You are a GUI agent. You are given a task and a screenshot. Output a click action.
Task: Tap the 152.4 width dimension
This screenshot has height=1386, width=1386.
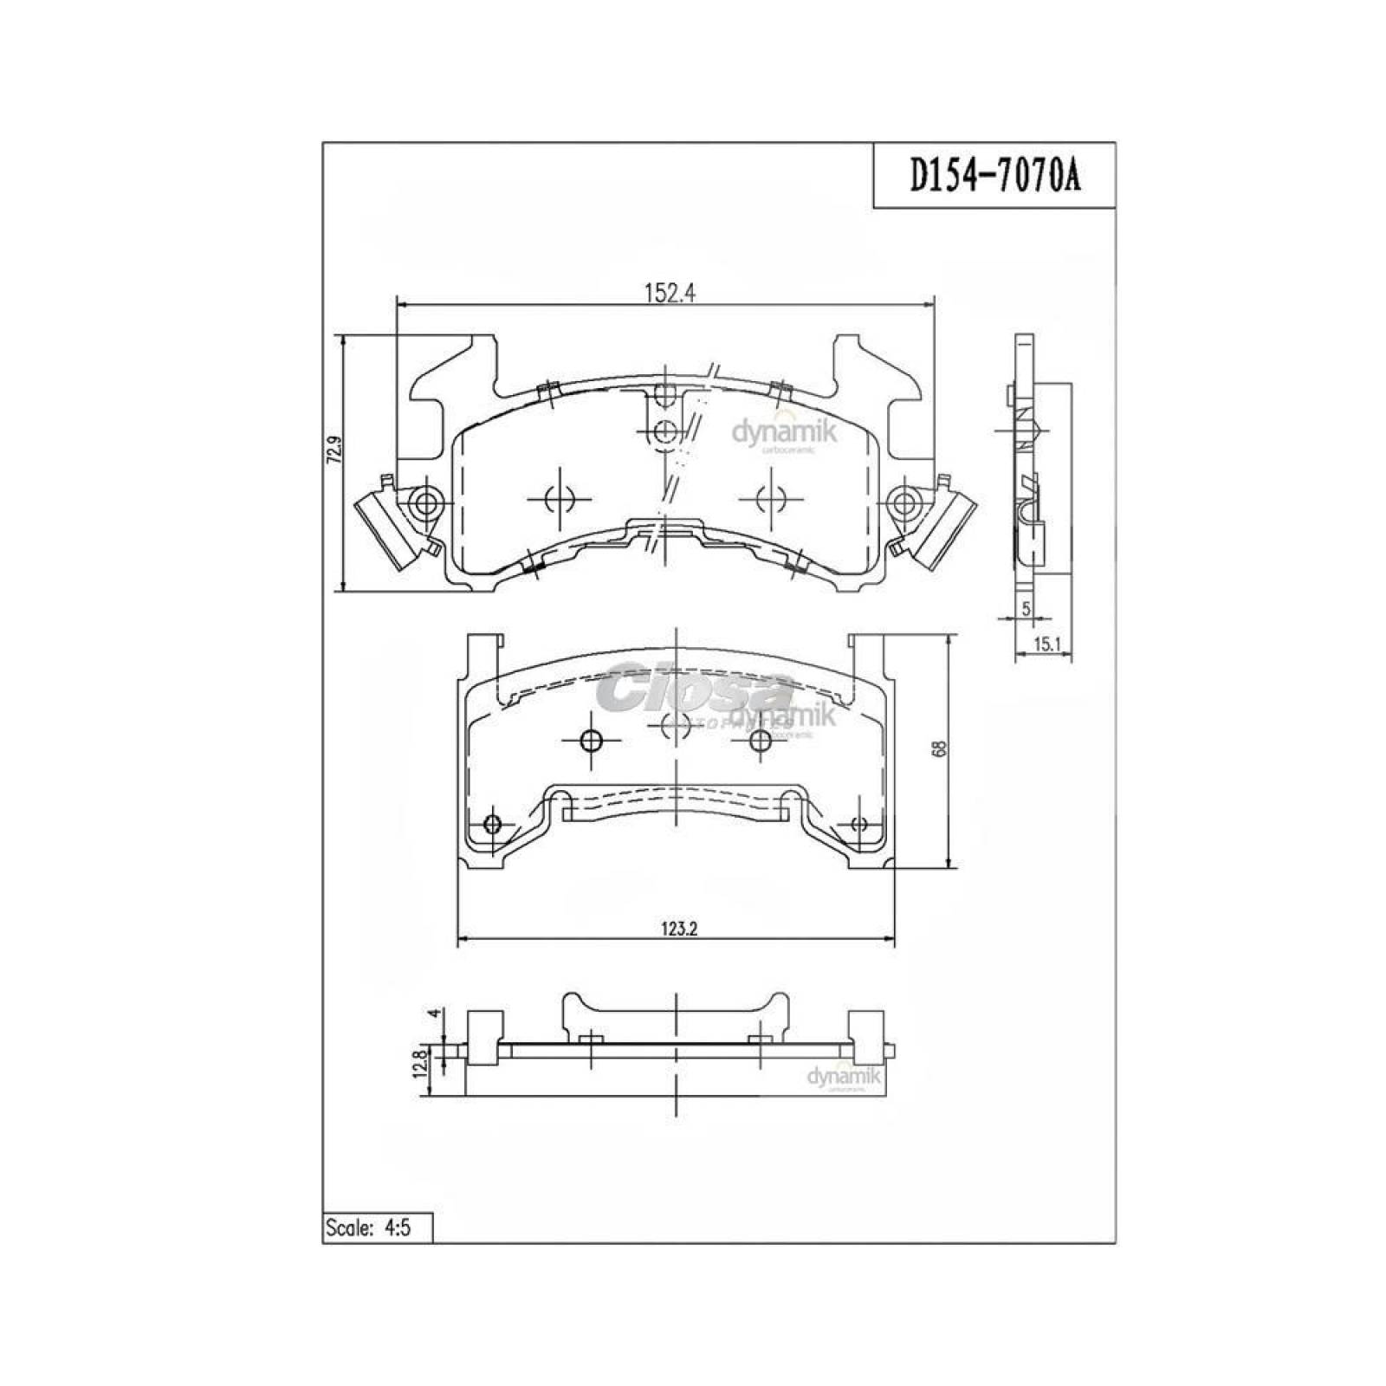click(x=670, y=293)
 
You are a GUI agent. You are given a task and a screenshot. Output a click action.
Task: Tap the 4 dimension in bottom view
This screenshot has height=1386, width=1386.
click(x=436, y=1014)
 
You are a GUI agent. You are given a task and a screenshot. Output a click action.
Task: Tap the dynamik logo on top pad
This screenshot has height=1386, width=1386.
click(x=785, y=432)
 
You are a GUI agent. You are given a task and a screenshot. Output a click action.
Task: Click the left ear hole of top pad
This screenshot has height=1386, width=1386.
click(x=425, y=502)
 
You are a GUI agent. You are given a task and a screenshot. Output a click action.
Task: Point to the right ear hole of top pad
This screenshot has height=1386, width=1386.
click(x=903, y=502)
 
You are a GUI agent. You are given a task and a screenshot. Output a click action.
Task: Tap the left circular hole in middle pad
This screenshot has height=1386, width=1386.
click(x=591, y=741)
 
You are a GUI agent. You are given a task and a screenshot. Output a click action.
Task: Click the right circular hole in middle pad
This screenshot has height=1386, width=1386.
click(x=760, y=741)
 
